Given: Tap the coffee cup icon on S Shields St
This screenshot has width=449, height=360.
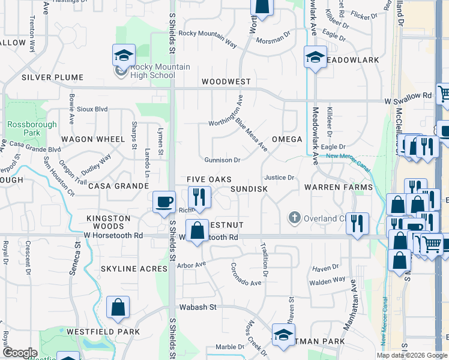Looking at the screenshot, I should pyautogui.click(x=164, y=202).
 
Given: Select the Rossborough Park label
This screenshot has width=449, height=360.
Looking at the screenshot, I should pyautogui.click(x=23, y=128).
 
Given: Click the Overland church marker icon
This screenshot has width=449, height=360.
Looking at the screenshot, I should pyautogui.click(x=294, y=217).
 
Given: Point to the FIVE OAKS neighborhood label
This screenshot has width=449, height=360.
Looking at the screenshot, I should pyautogui.click(x=209, y=179).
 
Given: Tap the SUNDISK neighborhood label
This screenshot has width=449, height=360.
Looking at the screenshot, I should pyautogui.click(x=249, y=188).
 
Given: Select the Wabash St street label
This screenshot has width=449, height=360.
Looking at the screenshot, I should pyautogui.click(x=196, y=307).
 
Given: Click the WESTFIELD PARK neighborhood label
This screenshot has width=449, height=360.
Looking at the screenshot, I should pyautogui.click(x=103, y=331).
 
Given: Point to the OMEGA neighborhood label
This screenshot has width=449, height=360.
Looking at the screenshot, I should pyautogui.click(x=286, y=139).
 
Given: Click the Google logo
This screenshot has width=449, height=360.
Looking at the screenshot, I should pyautogui.click(x=20, y=353).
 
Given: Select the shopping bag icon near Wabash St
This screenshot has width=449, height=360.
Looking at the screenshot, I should pyautogui.click(x=118, y=307).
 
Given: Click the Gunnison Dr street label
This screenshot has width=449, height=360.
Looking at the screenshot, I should pyautogui.click(x=222, y=160).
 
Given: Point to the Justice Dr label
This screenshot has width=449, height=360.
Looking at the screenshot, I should pyautogui.click(x=279, y=178).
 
